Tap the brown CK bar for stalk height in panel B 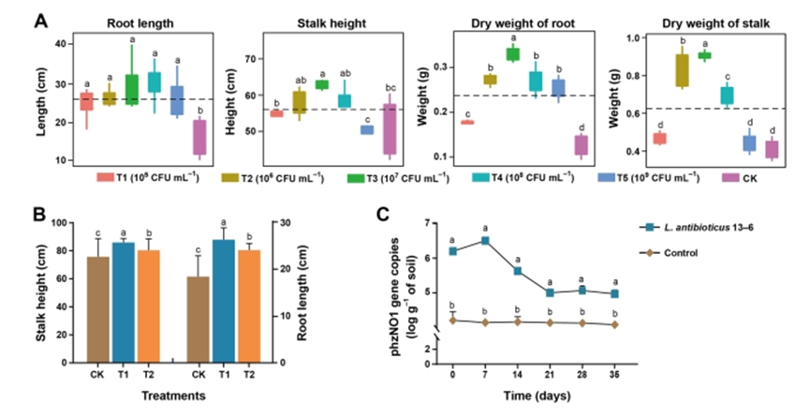97,309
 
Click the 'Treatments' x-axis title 173,396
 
